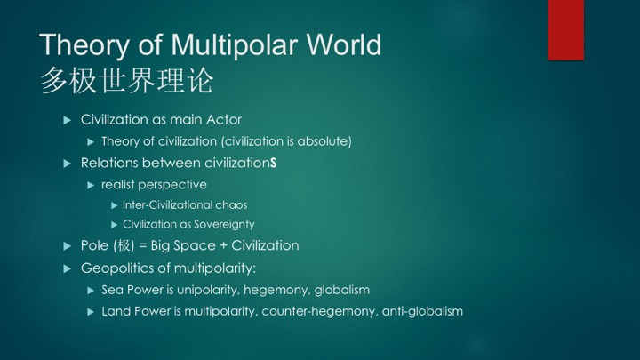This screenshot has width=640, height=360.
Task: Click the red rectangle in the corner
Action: point(565,30)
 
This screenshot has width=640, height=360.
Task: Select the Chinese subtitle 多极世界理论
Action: point(127,80)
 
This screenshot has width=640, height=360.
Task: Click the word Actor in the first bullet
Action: point(224,120)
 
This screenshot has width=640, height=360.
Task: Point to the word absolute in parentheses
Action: point(324,141)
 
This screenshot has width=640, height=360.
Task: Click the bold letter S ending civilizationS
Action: point(273,164)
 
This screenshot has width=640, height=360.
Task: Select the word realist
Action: point(118,185)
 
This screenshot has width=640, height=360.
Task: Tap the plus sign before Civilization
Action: point(223,246)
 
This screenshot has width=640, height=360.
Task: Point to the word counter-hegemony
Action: point(320,312)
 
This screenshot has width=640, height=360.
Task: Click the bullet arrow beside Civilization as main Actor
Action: point(68,120)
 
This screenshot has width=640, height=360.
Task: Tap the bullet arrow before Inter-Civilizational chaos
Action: point(115,205)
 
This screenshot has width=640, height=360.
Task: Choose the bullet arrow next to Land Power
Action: point(91,312)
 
